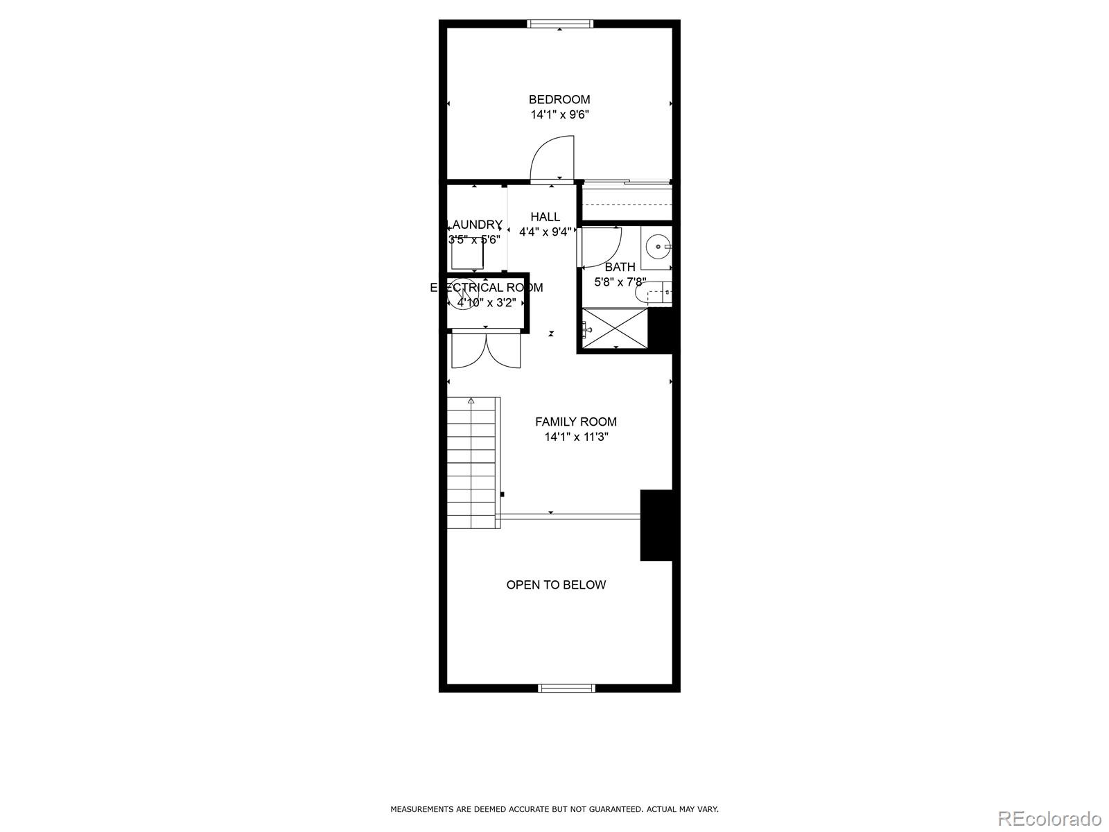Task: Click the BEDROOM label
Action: [x=559, y=99]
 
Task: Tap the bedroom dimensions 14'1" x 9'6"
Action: [x=559, y=115]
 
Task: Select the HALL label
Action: [x=545, y=217]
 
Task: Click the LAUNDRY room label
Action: [x=475, y=225]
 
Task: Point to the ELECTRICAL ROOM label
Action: [x=487, y=287]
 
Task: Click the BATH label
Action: [x=620, y=267]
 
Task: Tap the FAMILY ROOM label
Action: [x=575, y=422]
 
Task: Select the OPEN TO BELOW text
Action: [x=556, y=584]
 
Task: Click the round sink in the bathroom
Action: [x=657, y=247]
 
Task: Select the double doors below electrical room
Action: [x=485, y=350]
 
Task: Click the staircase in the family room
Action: [x=473, y=463]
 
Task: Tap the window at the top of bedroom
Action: [x=560, y=24]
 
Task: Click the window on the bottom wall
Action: [x=566, y=688]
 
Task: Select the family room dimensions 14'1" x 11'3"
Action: [x=576, y=437]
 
